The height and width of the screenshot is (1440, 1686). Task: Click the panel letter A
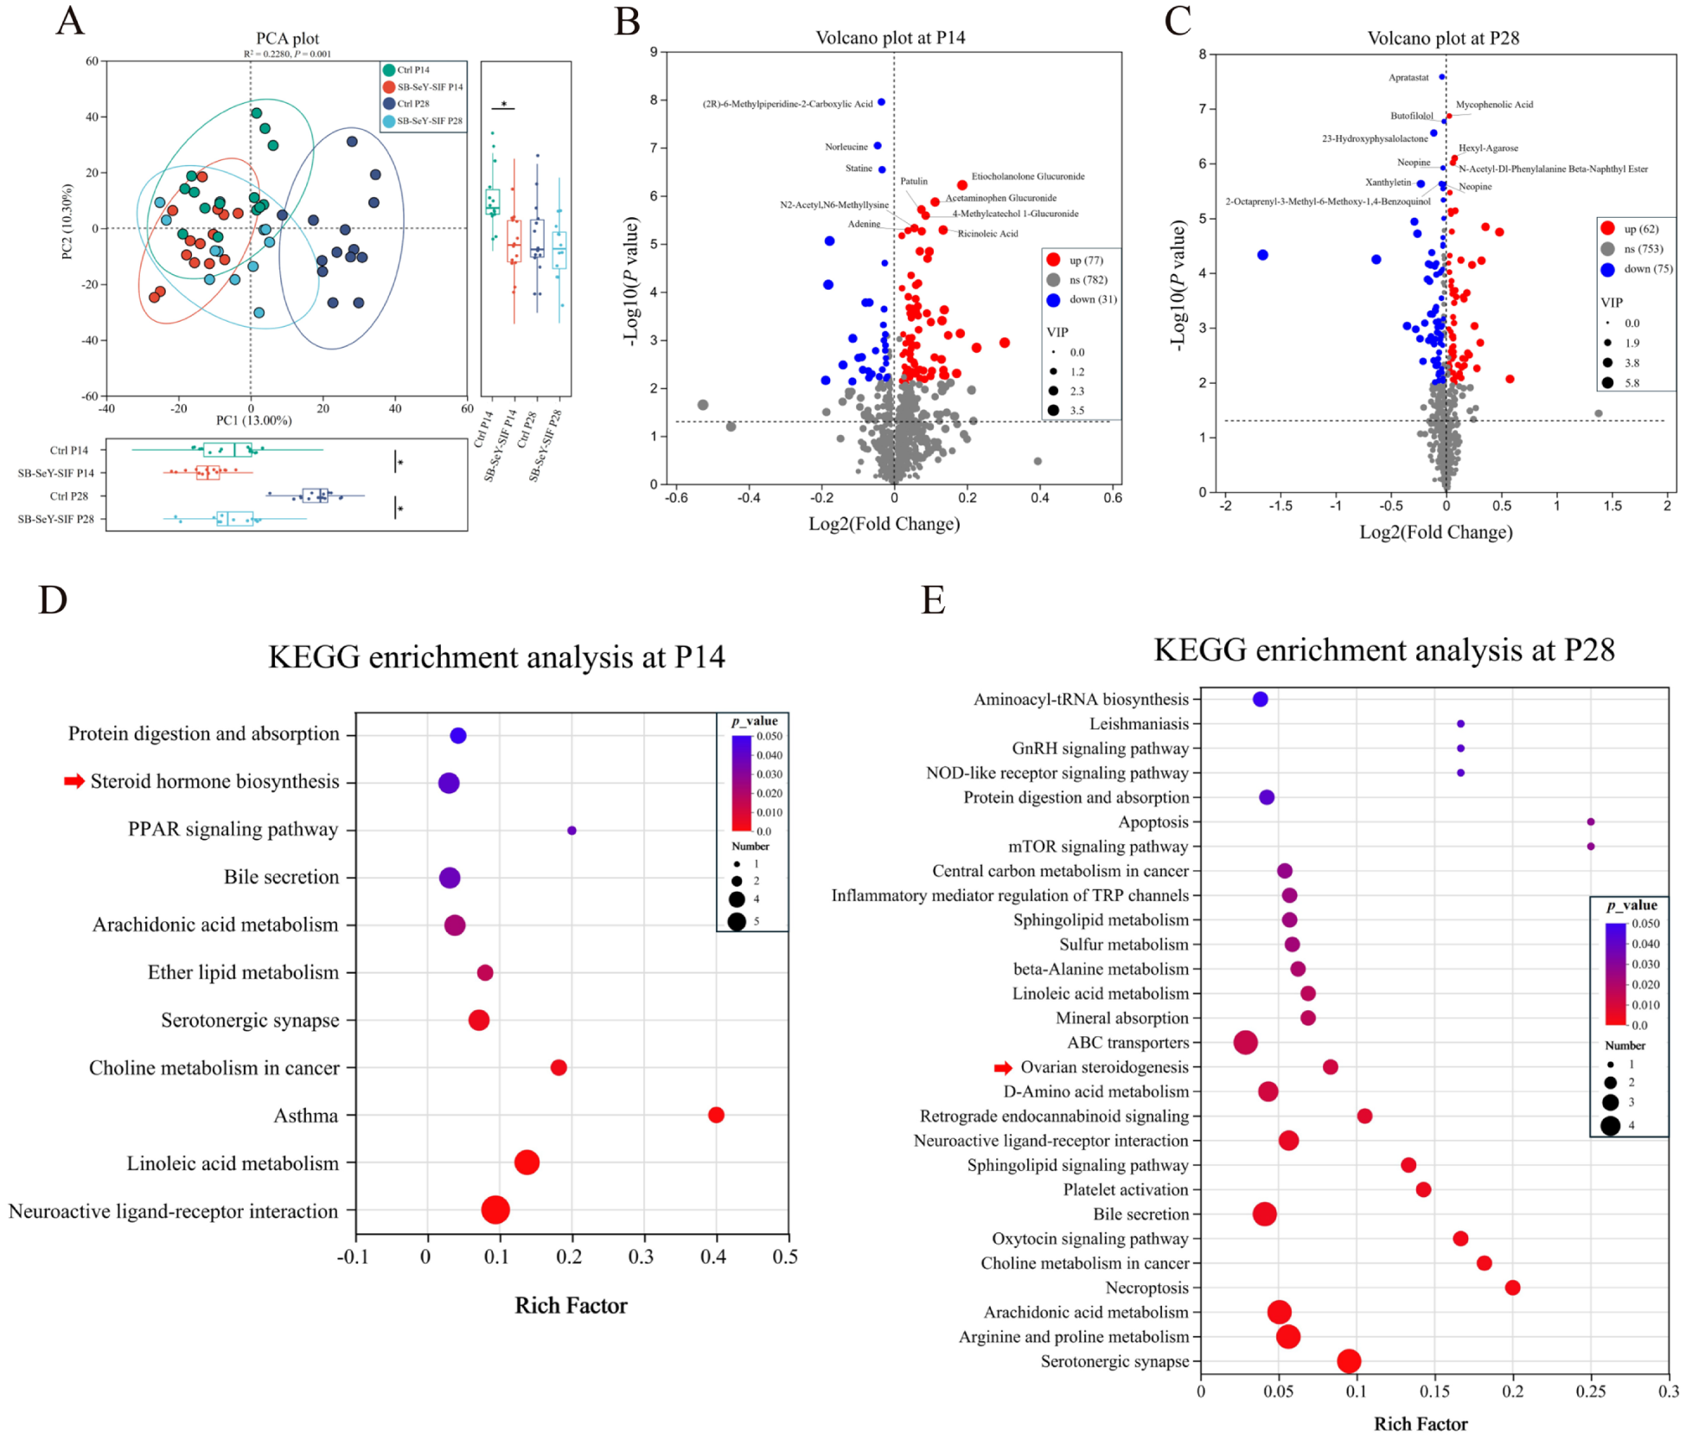point(70,21)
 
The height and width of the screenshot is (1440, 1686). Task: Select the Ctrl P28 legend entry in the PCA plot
point(412,104)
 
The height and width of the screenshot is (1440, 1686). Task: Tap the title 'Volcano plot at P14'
point(890,38)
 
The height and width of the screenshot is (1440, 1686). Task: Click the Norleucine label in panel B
point(846,147)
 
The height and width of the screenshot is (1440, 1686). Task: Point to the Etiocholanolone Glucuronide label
point(1027,176)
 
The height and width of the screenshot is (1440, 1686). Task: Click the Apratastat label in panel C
point(1408,78)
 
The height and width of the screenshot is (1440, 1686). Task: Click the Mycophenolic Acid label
point(1494,105)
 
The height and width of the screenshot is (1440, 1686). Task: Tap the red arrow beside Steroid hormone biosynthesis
point(74,782)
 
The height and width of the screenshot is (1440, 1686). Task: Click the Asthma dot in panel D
point(716,1116)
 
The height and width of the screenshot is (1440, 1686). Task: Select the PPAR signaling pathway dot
point(572,830)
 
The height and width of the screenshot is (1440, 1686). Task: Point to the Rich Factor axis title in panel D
point(571,1305)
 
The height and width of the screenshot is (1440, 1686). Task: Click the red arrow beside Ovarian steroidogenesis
point(1003,1068)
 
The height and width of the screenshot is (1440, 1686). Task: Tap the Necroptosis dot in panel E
point(1512,1288)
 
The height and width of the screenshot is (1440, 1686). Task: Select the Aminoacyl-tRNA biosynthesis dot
point(1260,699)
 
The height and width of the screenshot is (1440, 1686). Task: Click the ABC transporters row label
point(1127,1043)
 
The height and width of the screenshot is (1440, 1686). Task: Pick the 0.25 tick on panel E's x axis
point(1590,1392)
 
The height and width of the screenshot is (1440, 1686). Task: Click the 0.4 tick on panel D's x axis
point(713,1257)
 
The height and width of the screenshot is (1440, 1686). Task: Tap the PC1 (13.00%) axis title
point(253,420)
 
